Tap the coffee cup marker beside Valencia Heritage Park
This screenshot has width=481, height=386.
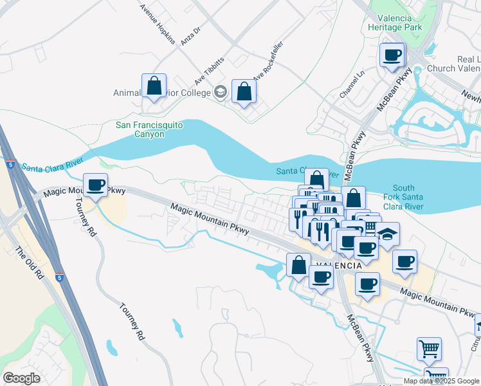[392, 55]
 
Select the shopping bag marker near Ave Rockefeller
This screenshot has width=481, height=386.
[244, 91]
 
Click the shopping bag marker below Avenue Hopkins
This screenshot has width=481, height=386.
[154, 86]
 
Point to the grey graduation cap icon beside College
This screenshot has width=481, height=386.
[221, 93]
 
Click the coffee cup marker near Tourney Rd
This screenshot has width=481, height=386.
[96, 185]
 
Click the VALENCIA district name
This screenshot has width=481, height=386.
[339, 265]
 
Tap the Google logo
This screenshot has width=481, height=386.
[22, 378]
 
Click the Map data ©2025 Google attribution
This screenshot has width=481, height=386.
[441, 381]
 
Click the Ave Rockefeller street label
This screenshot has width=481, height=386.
[268, 68]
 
